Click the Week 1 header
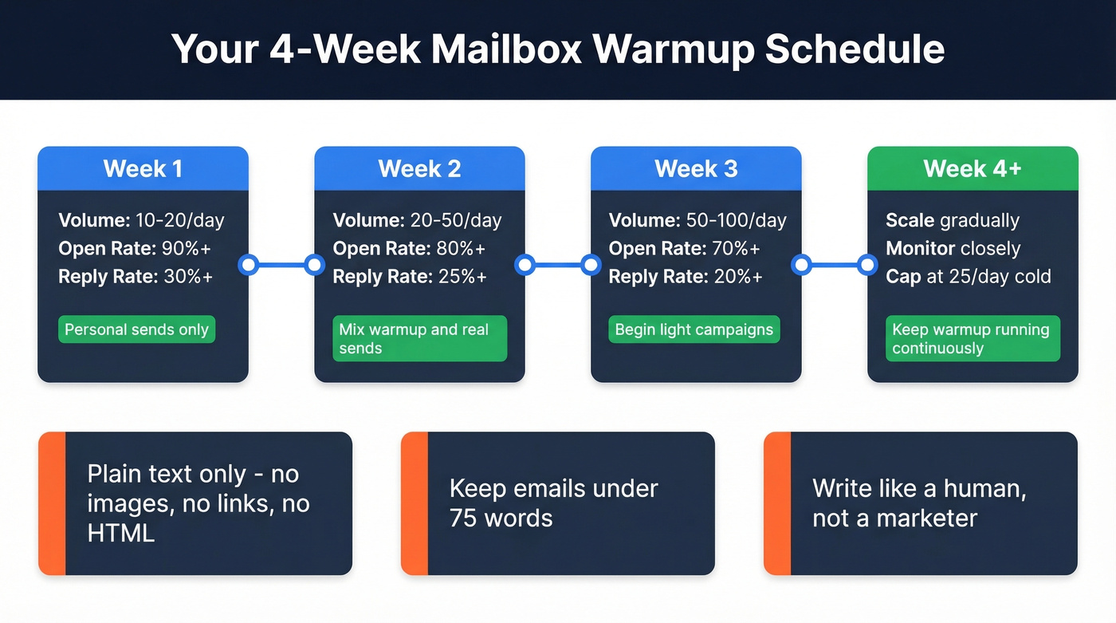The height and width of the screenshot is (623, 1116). pyautogui.click(x=143, y=169)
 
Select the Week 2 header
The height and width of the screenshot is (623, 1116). pyautogui.click(x=419, y=169)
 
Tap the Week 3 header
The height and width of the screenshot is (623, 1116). pyautogui.click(x=696, y=169)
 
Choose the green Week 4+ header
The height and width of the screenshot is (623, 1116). pyautogui.click(x=972, y=169)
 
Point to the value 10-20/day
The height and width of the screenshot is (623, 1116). pyautogui.click(x=180, y=221)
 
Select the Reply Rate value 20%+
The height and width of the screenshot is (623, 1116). pyautogui.click(x=738, y=277)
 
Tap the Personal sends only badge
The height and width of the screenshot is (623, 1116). pyautogui.click(x=136, y=330)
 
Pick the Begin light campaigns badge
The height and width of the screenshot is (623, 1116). pyautogui.click(x=694, y=330)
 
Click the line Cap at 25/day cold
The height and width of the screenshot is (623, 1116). pyautogui.click(x=969, y=277)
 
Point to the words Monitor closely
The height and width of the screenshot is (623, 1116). pyautogui.click(x=953, y=249)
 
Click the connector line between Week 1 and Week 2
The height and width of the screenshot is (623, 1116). pyautogui.click(x=281, y=265)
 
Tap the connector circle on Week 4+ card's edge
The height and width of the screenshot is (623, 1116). pyautogui.click(x=867, y=265)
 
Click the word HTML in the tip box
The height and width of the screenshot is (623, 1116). pyautogui.click(x=121, y=534)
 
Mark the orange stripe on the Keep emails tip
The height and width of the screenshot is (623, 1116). pyautogui.click(x=415, y=503)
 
